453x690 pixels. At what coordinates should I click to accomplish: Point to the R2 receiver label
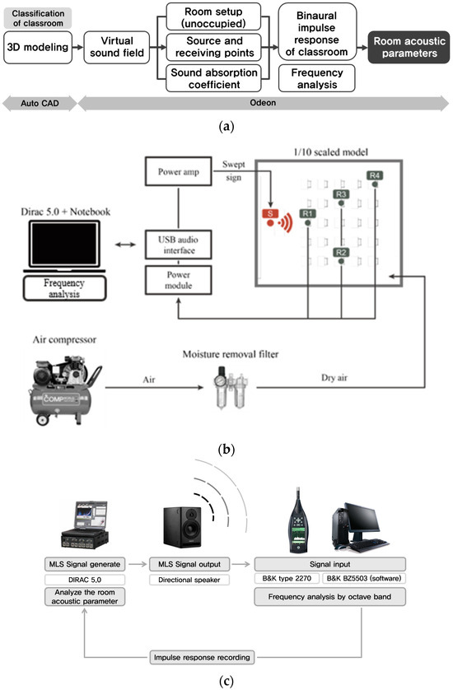click(x=341, y=251)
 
